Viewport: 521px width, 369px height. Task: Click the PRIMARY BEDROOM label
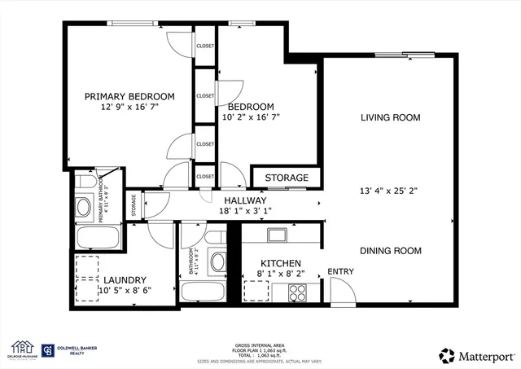129,96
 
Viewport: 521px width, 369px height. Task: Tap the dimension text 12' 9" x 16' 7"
129,108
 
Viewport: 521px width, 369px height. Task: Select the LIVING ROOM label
391,118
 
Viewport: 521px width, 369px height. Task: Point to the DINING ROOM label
391,251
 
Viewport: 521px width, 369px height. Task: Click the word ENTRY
340,271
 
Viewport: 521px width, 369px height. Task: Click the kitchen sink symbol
277,235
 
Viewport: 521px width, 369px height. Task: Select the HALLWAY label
245,200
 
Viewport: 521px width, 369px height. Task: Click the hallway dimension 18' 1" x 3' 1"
245,211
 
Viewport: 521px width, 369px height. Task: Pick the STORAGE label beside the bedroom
287,178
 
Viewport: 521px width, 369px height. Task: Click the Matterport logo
475,356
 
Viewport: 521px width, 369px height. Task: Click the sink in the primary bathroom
83,206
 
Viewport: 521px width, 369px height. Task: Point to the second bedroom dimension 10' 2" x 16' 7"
250,117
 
